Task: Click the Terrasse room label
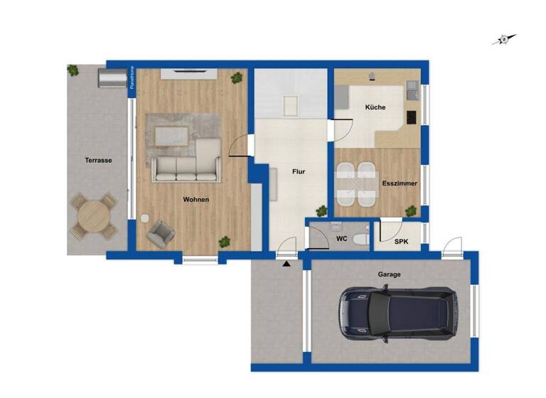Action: click(x=97, y=161)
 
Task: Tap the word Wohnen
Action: click(x=196, y=200)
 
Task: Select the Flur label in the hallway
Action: click(x=299, y=171)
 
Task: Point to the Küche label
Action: click(x=375, y=107)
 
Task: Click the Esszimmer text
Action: click(x=399, y=183)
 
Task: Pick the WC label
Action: click(x=341, y=239)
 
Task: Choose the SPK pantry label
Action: click(x=401, y=242)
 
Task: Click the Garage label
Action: click(x=389, y=274)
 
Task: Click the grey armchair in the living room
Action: click(x=161, y=232)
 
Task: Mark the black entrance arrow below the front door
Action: click(x=287, y=264)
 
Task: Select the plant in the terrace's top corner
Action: click(x=73, y=70)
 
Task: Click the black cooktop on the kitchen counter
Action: click(x=411, y=117)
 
